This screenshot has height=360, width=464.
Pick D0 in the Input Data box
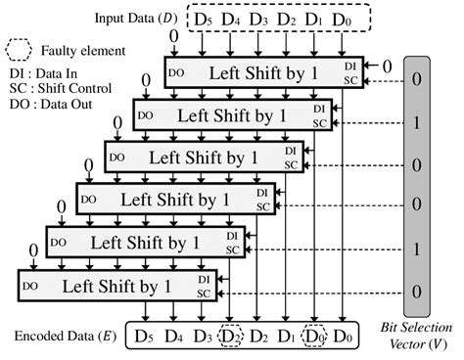[x=340, y=19]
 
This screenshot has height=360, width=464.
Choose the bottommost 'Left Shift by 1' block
[x=116, y=286]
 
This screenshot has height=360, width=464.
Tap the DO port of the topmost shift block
[x=178, y=72]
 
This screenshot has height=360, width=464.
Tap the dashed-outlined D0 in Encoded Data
[x=313, y=335]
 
